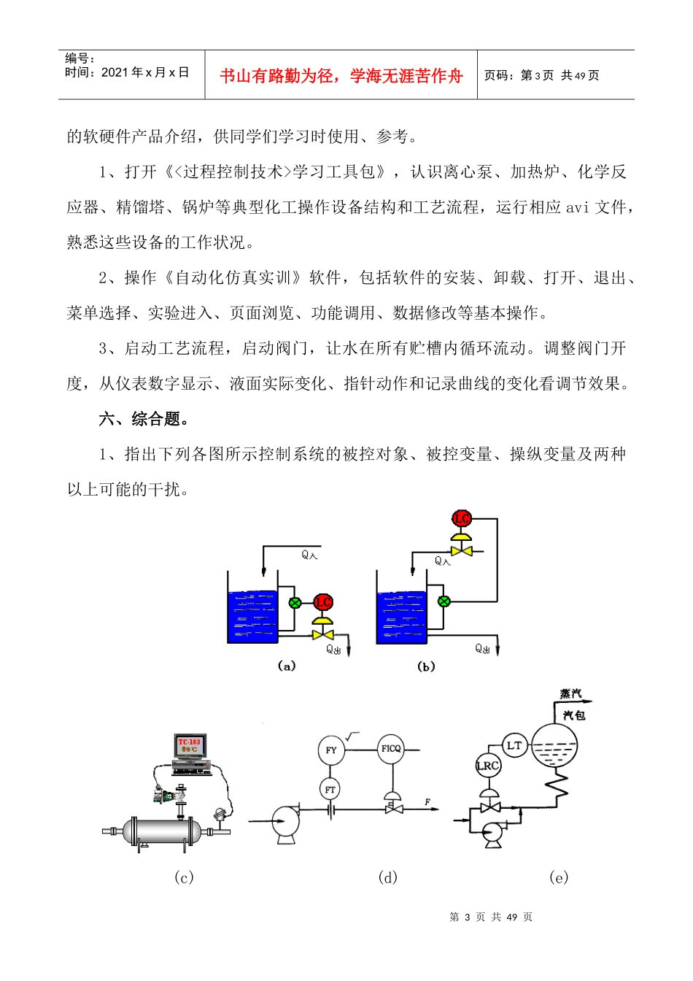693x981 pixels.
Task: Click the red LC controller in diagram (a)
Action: pyautogui.click(x=323, y=602)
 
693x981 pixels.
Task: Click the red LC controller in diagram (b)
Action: pyautogui.click(x=462, y=519)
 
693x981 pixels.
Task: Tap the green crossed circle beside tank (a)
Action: pyautogui.click(x=295, y=603)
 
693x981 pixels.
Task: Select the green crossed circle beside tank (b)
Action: pyautogui.click(x=444, y=602)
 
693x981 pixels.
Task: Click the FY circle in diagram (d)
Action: pyautogui.click(x=331, y=750)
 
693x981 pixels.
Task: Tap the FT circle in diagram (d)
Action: pyautogui.click(x=330, y=789)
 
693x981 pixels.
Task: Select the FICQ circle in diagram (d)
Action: pyautogui.click(x=392, y=749)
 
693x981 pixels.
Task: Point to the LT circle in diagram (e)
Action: pyautogui.click(x=515, y=746)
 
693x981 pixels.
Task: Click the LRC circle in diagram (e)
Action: pyautogui.click(x=488, y=766)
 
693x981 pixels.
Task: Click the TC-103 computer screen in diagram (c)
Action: pyautogui.click(x=190, y=746)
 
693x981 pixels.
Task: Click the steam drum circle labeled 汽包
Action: pyautogui.click(x=554, y=745)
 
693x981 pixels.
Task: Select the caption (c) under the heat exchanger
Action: pyautogui.click(x=184, y=877)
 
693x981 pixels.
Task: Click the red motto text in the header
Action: pyautogui.click(x=341, y=76)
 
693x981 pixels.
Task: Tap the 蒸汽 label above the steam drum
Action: pyautogui.click(x=570, y=693)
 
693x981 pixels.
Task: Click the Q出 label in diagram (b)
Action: pyautogui.click(x=482, y=649)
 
